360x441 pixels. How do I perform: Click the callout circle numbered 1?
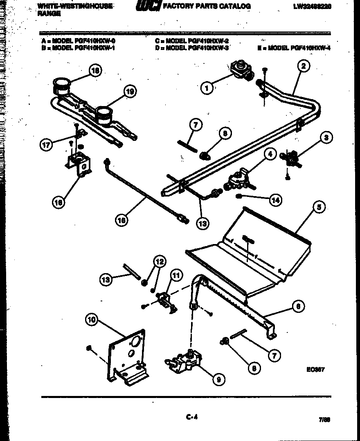(x=207, y=87)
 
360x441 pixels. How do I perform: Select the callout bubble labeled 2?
(x=303, y=66)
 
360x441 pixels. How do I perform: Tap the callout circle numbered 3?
(x=326, y=138)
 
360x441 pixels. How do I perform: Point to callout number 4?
(x=269, y=154)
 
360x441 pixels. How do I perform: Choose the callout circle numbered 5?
(x=319, y=208)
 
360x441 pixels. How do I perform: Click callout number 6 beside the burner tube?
(x=299, y=306)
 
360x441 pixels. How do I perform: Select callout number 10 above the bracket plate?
(x=92, y=320)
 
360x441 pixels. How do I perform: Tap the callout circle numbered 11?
(x=175, y=275)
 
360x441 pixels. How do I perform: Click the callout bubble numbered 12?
(x=160, y=261)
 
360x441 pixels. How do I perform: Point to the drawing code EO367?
(x=315, y=369)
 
